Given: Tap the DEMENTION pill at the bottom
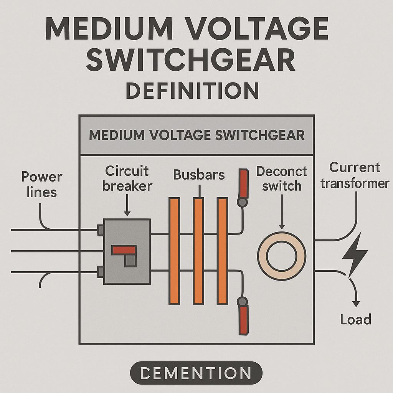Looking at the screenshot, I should pyautogui.click(x=196, y=373).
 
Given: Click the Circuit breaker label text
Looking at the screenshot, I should pyautogui.click(x=127, y=178).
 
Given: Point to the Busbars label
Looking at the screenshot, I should pyautogui.click(x=199, y=175).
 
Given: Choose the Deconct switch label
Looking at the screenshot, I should pyautogui.click(x=282, y=178).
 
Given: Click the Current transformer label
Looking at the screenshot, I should pyautogui.click(x=355, y=175).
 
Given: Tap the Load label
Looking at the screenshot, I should pyautogui.click(x=356, y=319).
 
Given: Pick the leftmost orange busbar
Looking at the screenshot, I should pyautogui.click(x=174, y=251).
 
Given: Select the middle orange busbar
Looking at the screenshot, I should pyautogui.click(x=198, y=251).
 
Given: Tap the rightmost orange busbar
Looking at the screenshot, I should pyautogui.click(x=222, y=251).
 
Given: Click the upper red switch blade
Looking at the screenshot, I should pyautogui.click(x=243, y=182).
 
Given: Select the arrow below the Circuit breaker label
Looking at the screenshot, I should pyautogui.click(x=127, y=207).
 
